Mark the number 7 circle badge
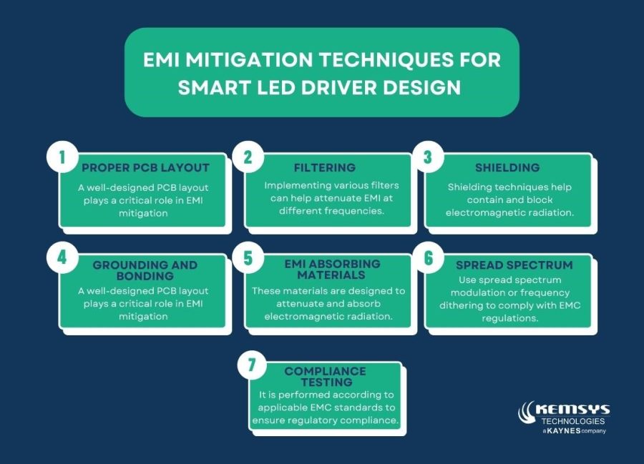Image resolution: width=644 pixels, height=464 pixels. [251, 365]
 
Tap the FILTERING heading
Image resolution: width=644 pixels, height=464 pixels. [325, 168]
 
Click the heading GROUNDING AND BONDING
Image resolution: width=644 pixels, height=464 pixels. [145, 270]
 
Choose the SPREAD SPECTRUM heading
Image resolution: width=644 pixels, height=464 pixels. [514, 265]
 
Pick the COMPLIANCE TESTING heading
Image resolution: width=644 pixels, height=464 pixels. [325, 377]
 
